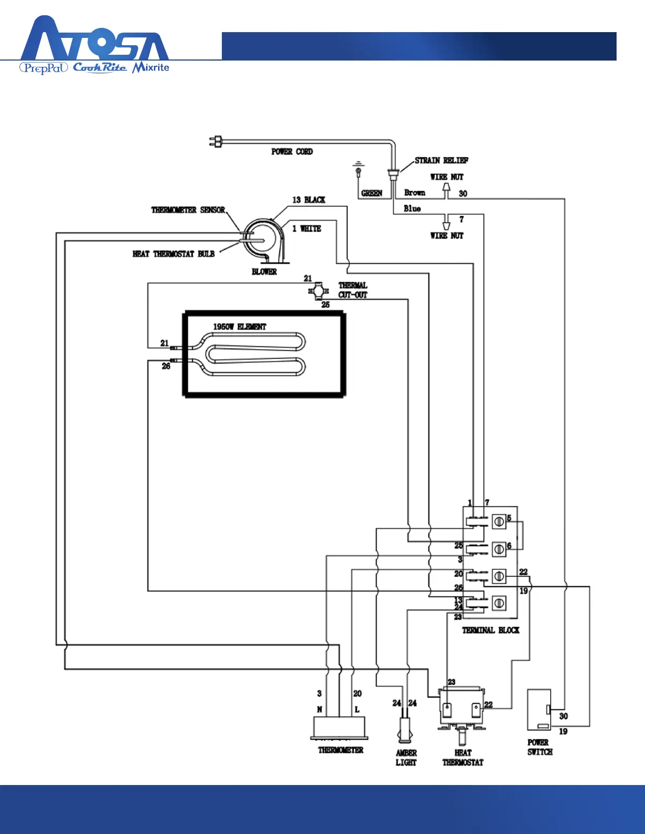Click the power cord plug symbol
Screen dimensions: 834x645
pos(216,141)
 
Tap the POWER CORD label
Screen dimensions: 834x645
pos(292,152)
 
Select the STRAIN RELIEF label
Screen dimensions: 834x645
pos(441,160)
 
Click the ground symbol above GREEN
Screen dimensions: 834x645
pos(358,168)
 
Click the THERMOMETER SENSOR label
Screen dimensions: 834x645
pos(188,210)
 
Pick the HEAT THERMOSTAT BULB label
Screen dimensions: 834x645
pos(173,254)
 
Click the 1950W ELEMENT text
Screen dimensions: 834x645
pos(240,327)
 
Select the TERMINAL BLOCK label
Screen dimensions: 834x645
pos(491,630)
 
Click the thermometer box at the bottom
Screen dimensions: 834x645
pos(339,727)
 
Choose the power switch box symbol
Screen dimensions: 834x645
pos(539,710)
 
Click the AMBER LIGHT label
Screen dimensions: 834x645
pos(406,758)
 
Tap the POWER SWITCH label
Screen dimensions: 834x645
pos(540,747)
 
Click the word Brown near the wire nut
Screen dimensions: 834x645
pos(415,193)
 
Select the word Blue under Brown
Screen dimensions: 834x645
pos(412,208)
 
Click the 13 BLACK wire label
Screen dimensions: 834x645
pos(309,200)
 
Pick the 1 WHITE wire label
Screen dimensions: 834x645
pos(307,229)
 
